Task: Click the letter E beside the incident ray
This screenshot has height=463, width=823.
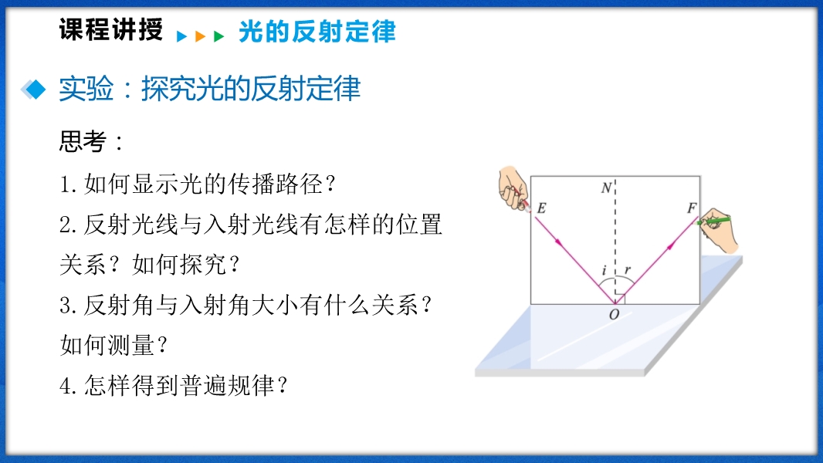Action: coord(542,208)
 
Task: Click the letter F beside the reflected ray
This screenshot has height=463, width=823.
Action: coord(693,208)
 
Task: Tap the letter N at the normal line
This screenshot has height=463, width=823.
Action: coord(607,188)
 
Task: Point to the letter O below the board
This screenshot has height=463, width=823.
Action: coord(614,315)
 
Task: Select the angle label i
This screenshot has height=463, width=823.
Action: coord(605,271)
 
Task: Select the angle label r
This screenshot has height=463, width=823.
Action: coord(627,271)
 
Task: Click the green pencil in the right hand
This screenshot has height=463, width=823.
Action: coord(713,221)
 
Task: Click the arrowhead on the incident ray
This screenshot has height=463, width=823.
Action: coord(559,243)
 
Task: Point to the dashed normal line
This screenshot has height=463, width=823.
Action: coord(615,242)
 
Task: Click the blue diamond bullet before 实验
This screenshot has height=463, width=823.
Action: coord(34,90)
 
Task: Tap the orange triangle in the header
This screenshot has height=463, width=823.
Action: coord(200,36)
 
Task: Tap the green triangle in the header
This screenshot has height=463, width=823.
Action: coord(218,36)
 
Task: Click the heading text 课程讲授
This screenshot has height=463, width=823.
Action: coord(110,29)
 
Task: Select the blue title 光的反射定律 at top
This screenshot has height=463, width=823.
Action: coord(317,32)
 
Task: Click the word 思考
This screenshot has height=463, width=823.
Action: coord(83,141)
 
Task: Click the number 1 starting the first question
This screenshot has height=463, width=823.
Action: coord(65,184)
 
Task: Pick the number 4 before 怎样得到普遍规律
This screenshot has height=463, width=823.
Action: coord(65,387)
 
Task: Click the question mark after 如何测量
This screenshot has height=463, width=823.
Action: coord(161,345)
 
